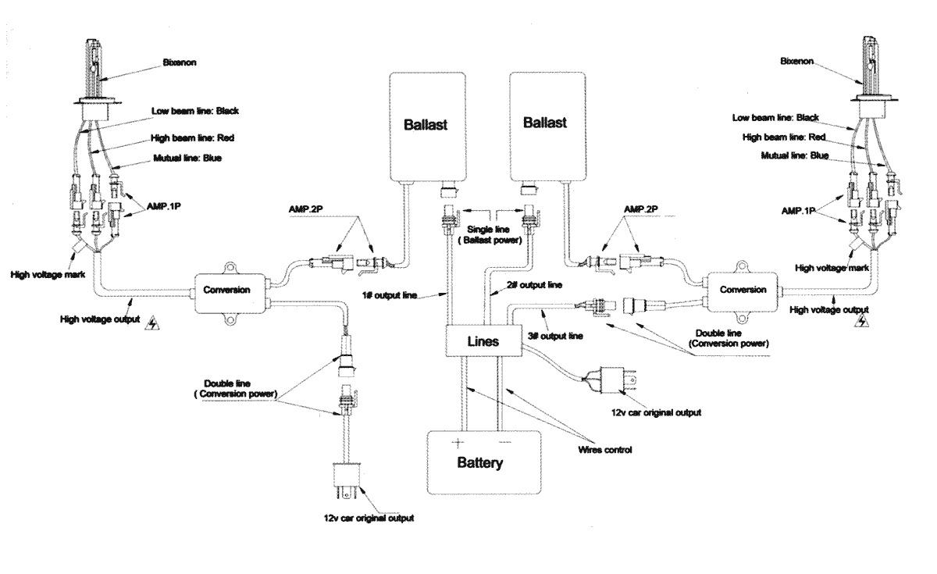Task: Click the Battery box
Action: pos(484,462)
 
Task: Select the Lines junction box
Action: pos(483,341)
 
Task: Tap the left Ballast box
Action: pos(428,127)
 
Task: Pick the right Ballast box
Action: pos(547,127)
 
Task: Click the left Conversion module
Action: pos(230,293)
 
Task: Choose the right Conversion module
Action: pos(742,291)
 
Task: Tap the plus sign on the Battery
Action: pos(458,443)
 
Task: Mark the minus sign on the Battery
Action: pos(505,442)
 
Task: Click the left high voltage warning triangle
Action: pos(151,323)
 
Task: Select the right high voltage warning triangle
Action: pos(862,321)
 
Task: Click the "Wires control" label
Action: pos(605,450)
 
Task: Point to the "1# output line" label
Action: pos(390,295)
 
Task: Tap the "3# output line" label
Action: pos(555,336)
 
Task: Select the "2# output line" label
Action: pos(534,285)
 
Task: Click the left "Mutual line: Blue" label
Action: pos(187,158)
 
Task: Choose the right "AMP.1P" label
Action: pos(798,211)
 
